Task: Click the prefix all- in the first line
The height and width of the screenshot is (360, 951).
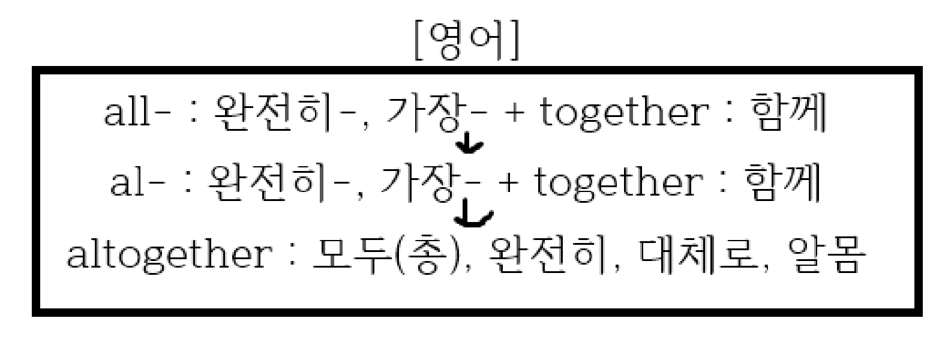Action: (x=134, y=113)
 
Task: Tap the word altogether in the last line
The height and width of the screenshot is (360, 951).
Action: (x=168, y=254)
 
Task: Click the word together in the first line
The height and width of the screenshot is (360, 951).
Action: (x=622, y=113)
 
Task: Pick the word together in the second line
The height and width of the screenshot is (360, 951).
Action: (x=617, y=184)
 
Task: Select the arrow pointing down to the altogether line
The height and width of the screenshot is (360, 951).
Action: (x=473, y=217)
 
